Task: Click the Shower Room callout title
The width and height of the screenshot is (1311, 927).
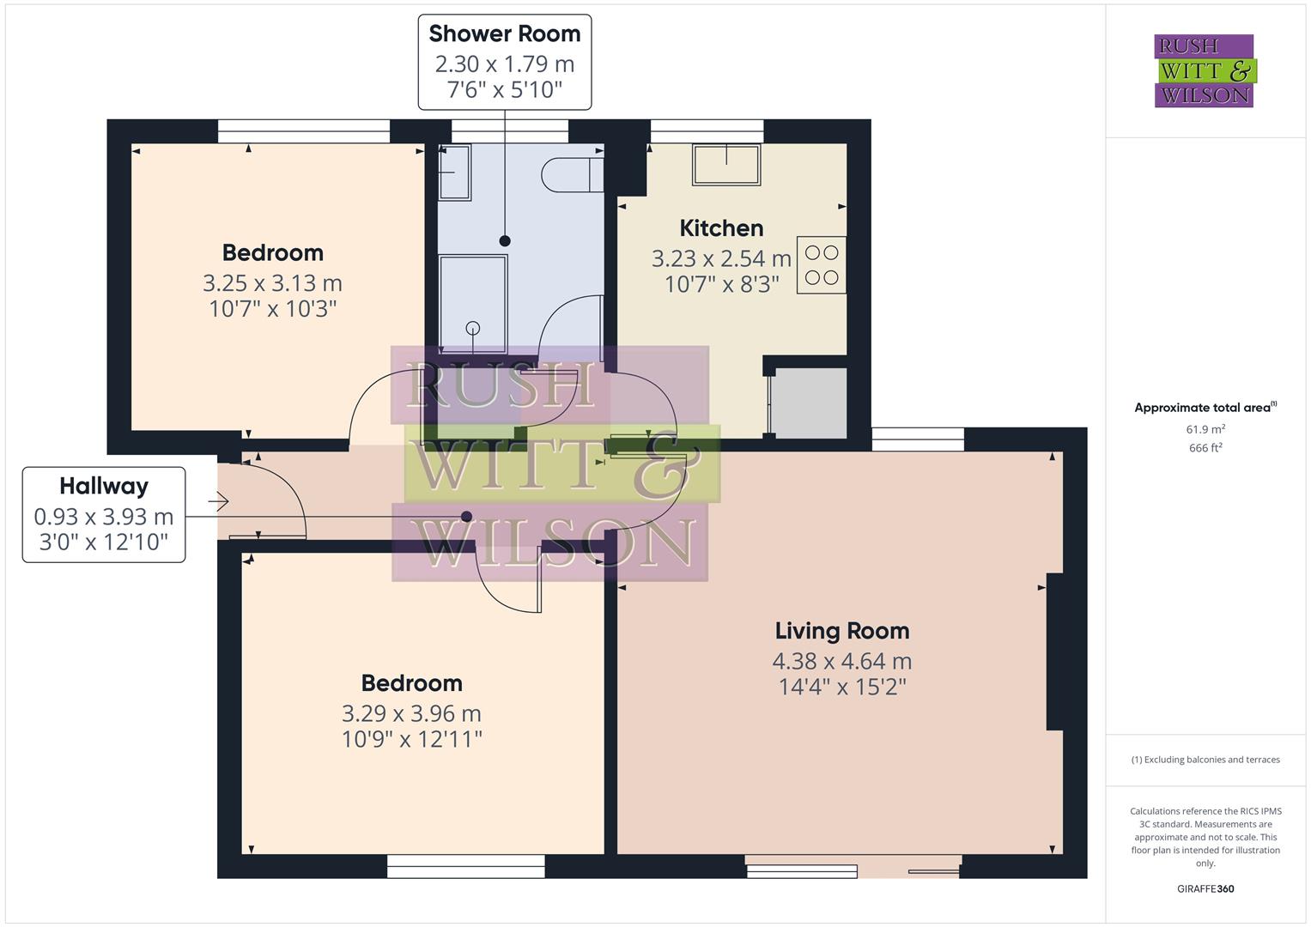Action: (x=504, y=33)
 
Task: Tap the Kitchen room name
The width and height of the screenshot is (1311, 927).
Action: (x=721, y=228)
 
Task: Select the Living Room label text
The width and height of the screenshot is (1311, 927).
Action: (x=841, y=631)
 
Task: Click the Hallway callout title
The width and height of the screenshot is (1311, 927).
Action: (x=104, y=486)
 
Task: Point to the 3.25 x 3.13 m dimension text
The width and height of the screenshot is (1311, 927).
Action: (x=272, y=282)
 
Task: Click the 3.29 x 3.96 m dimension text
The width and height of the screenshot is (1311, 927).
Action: (x=411, y=713)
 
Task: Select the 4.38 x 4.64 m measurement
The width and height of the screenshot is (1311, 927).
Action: (x=841, y=661)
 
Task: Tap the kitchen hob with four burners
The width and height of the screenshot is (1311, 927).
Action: (x=822, y=265)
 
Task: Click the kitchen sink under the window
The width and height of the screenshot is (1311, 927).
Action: (x=726, y=164)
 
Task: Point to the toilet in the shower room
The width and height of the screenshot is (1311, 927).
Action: (x=571, y=175)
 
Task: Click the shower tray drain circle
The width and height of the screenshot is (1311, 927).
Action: (x=472, y=328)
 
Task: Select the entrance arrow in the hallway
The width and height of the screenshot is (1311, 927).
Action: (x=218, y=501)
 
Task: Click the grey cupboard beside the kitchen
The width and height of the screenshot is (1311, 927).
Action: (x=809, y=403)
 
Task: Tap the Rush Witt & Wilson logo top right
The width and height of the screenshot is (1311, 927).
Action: (x=1204, y=70)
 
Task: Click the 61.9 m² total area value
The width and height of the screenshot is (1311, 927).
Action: (x=1205, y=429)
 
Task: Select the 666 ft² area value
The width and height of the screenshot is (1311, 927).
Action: (x=1205, y=448)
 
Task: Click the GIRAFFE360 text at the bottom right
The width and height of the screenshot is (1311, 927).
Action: (x=1205, y=889)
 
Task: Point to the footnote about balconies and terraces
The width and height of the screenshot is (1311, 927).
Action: (x=1205, y=760)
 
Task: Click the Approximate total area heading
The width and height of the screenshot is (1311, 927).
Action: (x=1204, y=408)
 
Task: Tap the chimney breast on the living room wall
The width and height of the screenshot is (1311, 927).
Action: (x=1055, y=651)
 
